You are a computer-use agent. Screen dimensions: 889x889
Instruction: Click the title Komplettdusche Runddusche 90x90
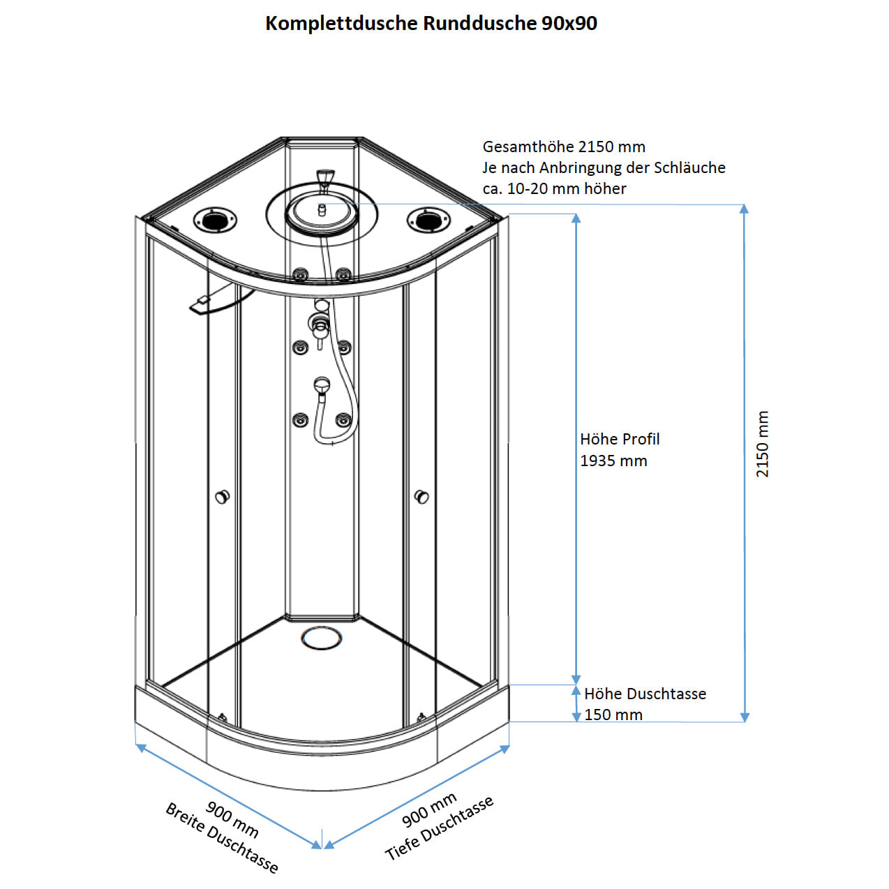pos(431,23)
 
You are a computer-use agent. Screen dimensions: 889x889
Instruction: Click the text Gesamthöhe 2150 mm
pos(564,147)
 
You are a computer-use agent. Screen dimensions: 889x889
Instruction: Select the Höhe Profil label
pos(620,439)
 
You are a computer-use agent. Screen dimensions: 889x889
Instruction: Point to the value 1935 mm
pos(613,461)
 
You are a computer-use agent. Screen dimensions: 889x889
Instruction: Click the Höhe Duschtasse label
pos(645,694)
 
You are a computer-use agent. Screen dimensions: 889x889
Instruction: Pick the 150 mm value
pos(613,715)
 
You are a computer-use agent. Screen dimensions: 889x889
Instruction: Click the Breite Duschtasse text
pos(221,838)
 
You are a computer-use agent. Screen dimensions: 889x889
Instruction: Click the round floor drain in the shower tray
pos(322,637)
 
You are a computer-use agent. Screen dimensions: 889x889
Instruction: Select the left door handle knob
pos(222,497)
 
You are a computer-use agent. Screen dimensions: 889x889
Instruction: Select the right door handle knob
pos(421,497)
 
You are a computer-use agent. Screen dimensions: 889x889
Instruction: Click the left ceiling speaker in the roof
pos(215,220)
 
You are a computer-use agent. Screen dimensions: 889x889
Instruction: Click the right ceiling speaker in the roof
pos(428,220)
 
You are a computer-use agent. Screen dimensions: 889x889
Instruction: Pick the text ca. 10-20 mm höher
pos(554,188)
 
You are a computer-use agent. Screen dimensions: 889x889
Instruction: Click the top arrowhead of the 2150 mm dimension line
pos(745,209)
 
